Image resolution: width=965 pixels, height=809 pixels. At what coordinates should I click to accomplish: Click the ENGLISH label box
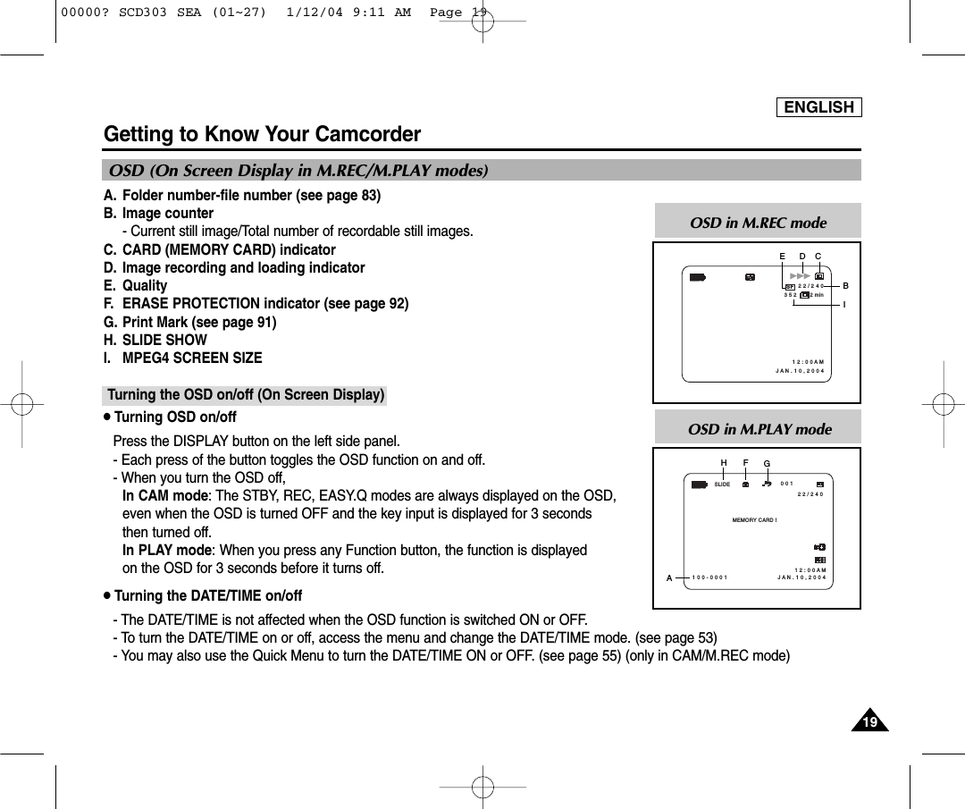[x=818, y=107]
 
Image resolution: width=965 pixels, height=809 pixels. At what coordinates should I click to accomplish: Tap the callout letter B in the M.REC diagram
[x=844, y=286]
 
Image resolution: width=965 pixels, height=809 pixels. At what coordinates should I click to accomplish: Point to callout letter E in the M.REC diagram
[x=782, y=257]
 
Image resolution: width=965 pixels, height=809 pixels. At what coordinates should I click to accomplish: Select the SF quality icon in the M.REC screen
[x=790, y=287]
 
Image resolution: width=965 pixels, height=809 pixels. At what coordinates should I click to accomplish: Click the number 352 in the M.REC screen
[x=789, y=295]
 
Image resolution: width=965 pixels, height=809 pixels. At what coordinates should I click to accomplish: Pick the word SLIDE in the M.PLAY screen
[x=722, y=485]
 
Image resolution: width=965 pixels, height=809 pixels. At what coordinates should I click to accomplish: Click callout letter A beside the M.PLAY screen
[x=668, y=577]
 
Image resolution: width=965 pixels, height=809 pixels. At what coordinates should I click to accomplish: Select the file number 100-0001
[x=710, y=577]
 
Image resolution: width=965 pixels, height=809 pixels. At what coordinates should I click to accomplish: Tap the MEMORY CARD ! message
[x=755, y=519]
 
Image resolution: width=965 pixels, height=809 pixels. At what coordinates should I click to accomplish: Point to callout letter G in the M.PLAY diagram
[x=767, y=463]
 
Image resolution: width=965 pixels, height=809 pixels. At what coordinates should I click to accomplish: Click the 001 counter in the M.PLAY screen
[x=786, y=484]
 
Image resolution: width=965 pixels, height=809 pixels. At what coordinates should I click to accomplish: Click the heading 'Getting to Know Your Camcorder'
[x=262, y=134]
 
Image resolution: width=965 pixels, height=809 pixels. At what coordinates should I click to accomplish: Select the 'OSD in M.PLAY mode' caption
[x=759, y=429]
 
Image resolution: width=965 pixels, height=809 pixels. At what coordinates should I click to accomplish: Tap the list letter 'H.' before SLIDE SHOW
[x=111, y=340]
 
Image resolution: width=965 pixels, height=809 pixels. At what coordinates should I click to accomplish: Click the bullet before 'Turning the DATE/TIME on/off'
[x=107, y=596]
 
